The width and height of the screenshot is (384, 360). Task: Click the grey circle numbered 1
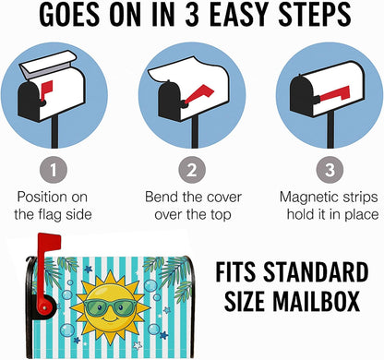click(x=54, y=170)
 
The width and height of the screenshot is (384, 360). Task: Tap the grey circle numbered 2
click(x=192, y=170)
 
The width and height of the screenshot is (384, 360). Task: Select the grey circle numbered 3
click(x=330, y=170)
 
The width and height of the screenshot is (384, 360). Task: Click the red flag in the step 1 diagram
click(x=46, y=90)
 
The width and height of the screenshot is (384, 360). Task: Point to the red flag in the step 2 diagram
click(x=200, y=94)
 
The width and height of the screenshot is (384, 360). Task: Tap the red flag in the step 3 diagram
click(x=335, y=94)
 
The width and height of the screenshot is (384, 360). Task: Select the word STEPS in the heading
click(x=315, y=15)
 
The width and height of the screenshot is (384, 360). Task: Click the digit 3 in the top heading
click(x=192, y=15)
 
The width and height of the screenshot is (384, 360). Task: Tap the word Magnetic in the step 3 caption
click(x=304, y=197)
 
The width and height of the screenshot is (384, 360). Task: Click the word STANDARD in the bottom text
click(x=316, y=271)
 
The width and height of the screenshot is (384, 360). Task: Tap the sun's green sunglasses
click(x=110, y=308)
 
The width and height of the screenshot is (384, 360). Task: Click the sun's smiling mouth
click(x=110, y=320)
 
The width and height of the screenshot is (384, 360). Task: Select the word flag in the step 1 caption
click(x=52, y=215)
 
